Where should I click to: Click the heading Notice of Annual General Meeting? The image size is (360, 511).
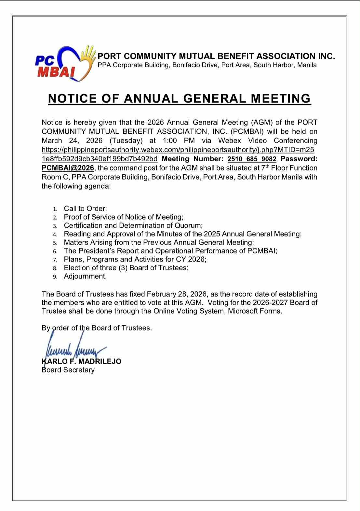click(180, 98)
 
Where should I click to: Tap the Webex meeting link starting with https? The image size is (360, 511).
click(178, 150)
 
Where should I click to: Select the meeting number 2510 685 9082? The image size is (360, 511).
click(252, 159)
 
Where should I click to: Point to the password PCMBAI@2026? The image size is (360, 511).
click(68, 168)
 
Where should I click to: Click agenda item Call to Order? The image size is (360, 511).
click(85, 208)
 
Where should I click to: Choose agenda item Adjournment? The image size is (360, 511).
click(85, 276)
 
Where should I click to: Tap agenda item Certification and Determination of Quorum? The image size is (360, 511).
click(133, 225)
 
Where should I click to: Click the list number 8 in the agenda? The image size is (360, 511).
click(55, 268)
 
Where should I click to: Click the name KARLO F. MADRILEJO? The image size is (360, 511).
click(82, 361)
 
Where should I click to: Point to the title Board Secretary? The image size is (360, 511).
click(68, 370)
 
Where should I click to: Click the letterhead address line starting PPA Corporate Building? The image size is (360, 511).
click(207, 65)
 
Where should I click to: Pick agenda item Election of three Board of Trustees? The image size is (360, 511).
click(126, 268)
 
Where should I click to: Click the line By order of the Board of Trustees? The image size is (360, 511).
click(97, 328)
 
